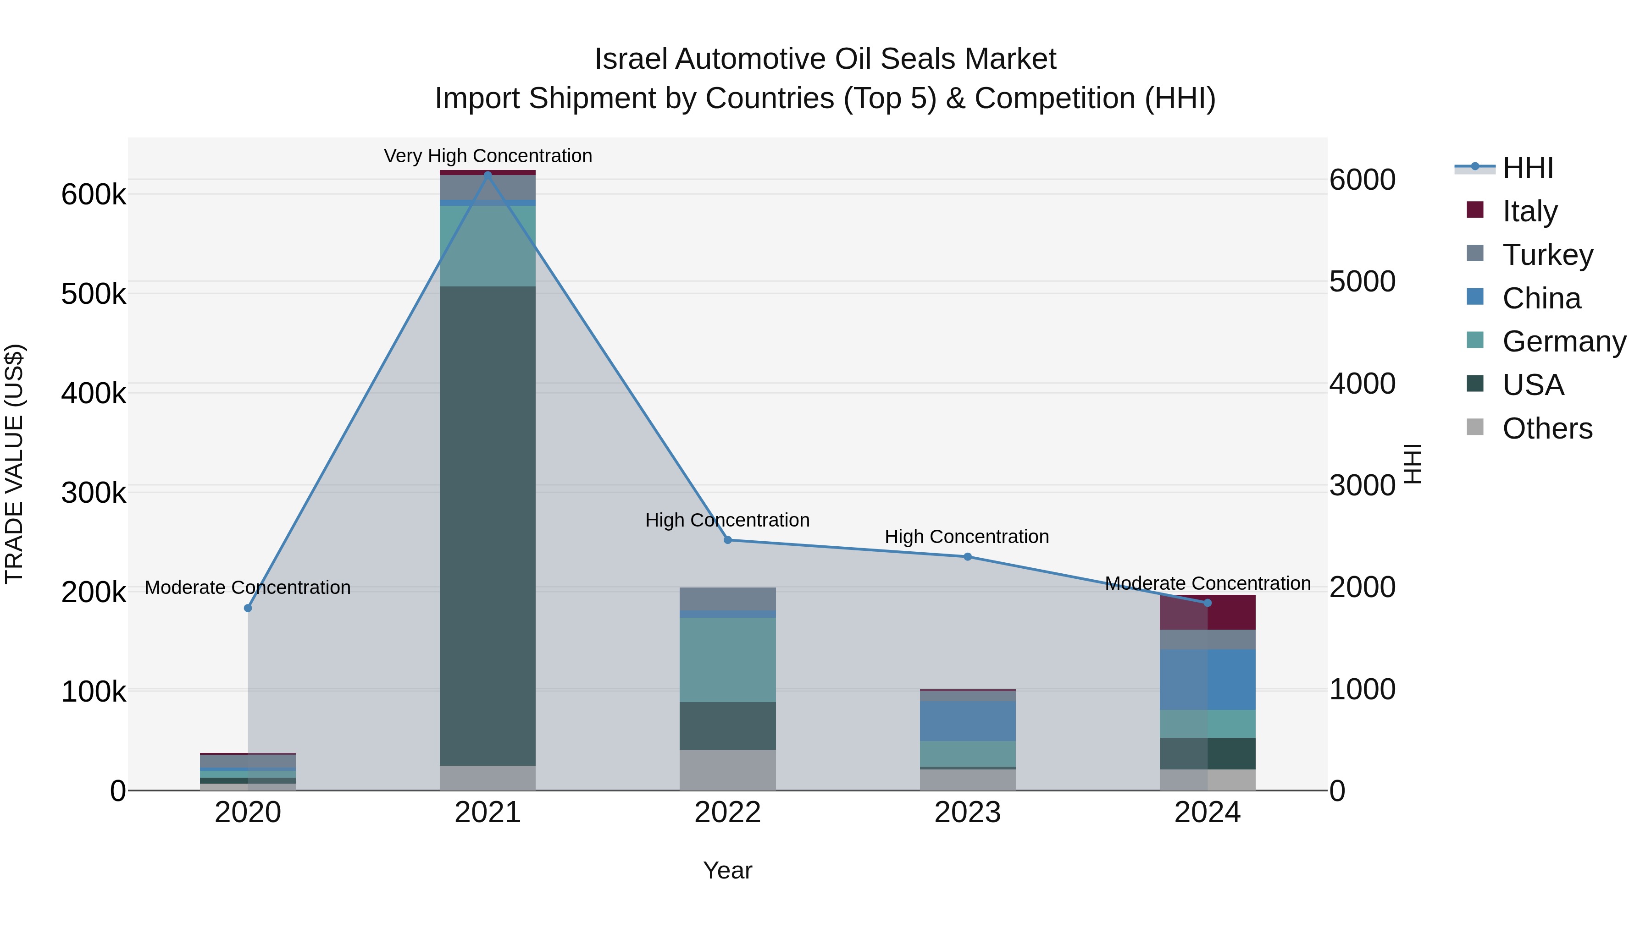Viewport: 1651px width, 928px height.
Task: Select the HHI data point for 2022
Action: pos(727,540)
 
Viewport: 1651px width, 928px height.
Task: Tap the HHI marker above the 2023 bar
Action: pos(968,556)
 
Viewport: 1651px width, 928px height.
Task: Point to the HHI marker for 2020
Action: pos(248,608)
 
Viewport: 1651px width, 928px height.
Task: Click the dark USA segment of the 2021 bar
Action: pos(488,525)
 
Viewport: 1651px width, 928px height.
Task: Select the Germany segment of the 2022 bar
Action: pos(727,659)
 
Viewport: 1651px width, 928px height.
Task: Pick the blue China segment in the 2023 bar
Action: pos(968,720)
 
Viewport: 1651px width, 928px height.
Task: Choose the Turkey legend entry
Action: pos(1547,254)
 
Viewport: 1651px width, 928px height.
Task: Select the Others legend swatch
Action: pos(1475,427)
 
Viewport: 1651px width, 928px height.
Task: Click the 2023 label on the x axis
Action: pos(968,813)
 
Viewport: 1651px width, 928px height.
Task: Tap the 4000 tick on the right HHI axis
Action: pos(1362,384)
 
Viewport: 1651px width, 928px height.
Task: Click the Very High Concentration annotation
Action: pos(488,156)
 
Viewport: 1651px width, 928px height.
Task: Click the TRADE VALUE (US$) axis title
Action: pos(14,464)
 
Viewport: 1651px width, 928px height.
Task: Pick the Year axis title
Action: pos(727,870)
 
